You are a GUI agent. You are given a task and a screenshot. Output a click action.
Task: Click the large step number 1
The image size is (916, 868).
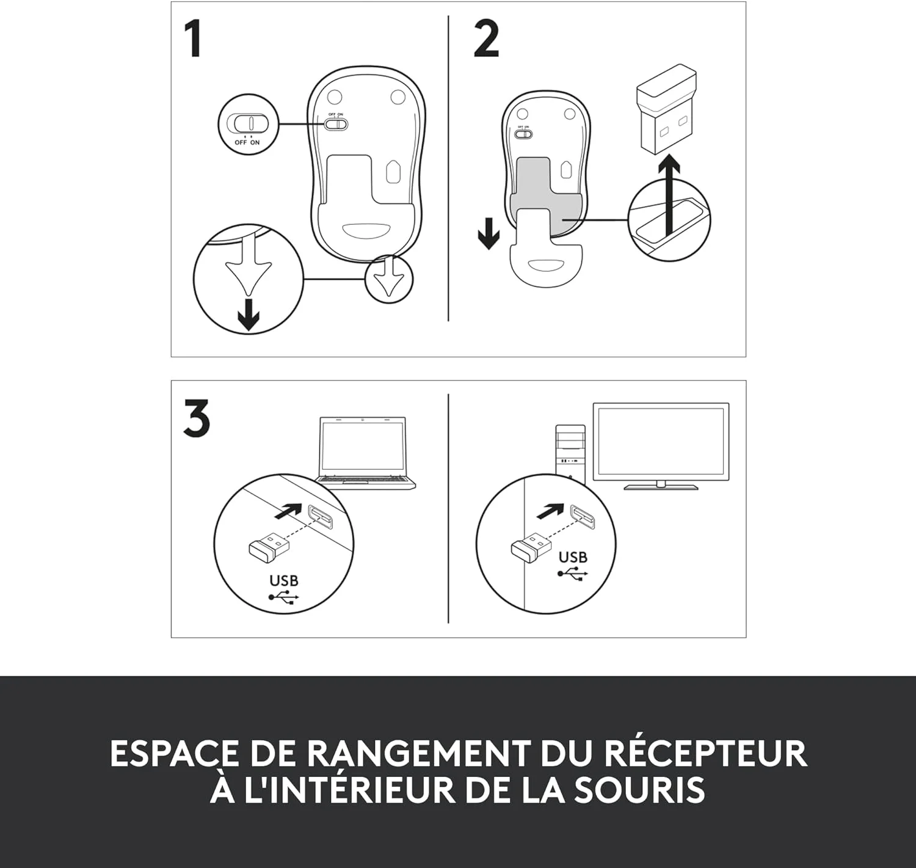pos(193,38)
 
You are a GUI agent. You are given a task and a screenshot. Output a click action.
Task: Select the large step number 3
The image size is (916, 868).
pos(197,418)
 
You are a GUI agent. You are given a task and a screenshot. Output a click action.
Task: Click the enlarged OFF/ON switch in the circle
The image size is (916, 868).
pos(251,123)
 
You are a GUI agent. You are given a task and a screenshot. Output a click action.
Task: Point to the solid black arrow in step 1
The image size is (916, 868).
pos(249,315)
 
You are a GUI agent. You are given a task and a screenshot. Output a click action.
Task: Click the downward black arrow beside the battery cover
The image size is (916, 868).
pos(489,233)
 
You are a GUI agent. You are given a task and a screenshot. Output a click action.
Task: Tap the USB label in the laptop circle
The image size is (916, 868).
pos(284,581)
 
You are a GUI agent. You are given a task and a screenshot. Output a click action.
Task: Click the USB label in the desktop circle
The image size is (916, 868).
pos(573,557)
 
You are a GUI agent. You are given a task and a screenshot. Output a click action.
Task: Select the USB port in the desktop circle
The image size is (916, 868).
pos(583,517)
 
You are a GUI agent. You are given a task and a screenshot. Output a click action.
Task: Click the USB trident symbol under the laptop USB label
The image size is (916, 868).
pos(284,597)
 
